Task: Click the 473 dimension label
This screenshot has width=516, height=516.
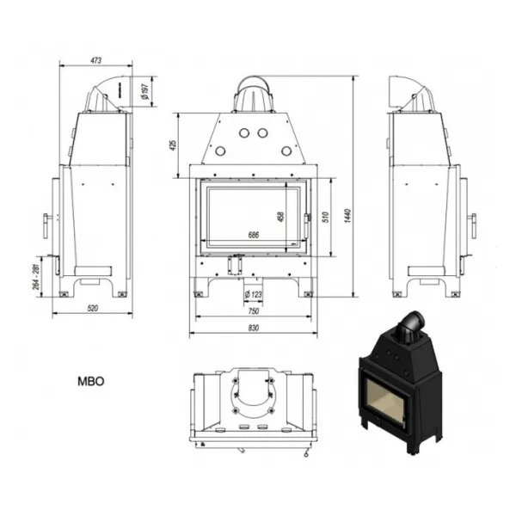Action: [95, 60]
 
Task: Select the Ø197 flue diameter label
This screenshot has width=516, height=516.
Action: [144, 91]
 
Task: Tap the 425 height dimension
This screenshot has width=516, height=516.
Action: [173, 145]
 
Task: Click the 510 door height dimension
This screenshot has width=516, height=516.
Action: [325, 218]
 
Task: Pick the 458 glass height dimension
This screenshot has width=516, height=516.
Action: [280, 217]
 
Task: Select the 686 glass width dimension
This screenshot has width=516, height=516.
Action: [254, 235]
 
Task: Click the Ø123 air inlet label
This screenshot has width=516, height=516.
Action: [253, 294]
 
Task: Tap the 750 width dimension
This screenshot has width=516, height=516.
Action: [254, 311]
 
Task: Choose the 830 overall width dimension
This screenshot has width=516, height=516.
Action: [254, 329]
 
